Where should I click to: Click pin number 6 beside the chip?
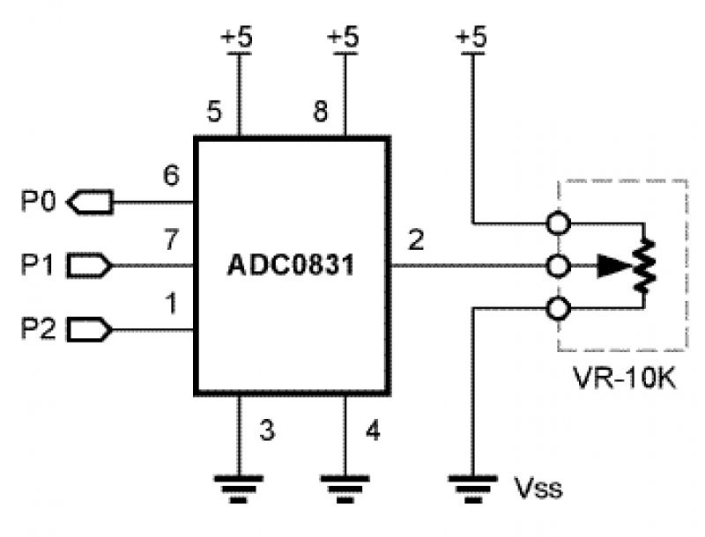click(x=171, y=175)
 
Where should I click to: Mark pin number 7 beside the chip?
click(x=171, y=238)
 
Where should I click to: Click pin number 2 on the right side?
click(x=416, y=239)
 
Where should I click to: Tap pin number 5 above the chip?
click(x=213, y=112)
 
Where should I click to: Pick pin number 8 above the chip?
click(x=322, y=112)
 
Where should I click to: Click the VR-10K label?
click(x=625, y=381)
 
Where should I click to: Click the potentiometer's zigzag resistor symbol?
click(x=647, y=264)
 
